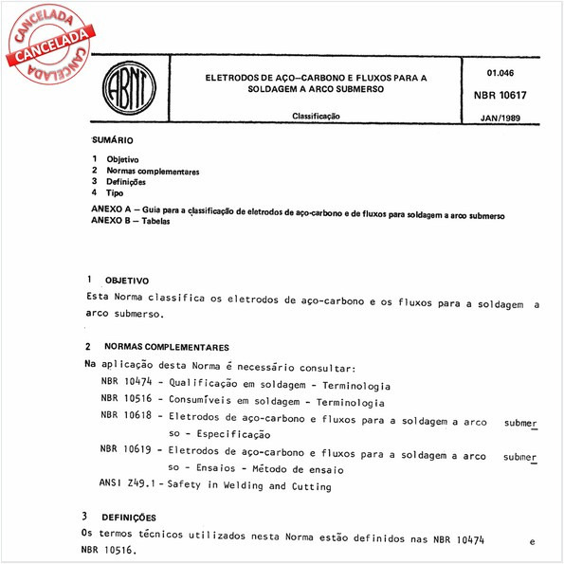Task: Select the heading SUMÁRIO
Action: click(113, 139)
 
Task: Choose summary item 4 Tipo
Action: click(115, 192)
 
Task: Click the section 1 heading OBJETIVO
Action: click(127, 282)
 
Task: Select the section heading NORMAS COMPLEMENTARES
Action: click(167, 348)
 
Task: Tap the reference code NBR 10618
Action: click(125, 415)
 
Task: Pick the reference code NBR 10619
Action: click(125, 455)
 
